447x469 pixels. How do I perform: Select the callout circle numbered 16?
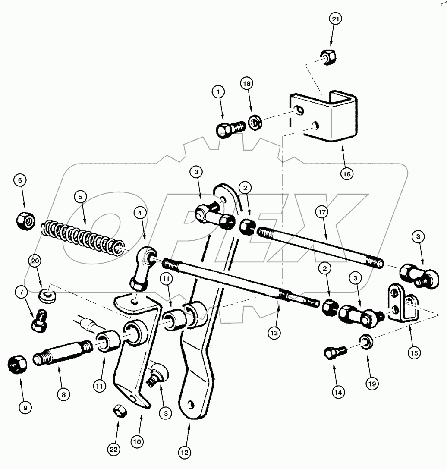pos(346,174)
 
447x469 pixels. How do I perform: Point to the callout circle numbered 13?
pos(274,333)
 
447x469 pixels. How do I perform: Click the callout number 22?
pos(113,450)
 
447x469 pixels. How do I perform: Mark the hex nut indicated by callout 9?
pos(17,366)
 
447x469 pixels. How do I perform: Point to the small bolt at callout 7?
pos(39,321)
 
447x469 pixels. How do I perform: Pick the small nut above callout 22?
pos(120,412)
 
